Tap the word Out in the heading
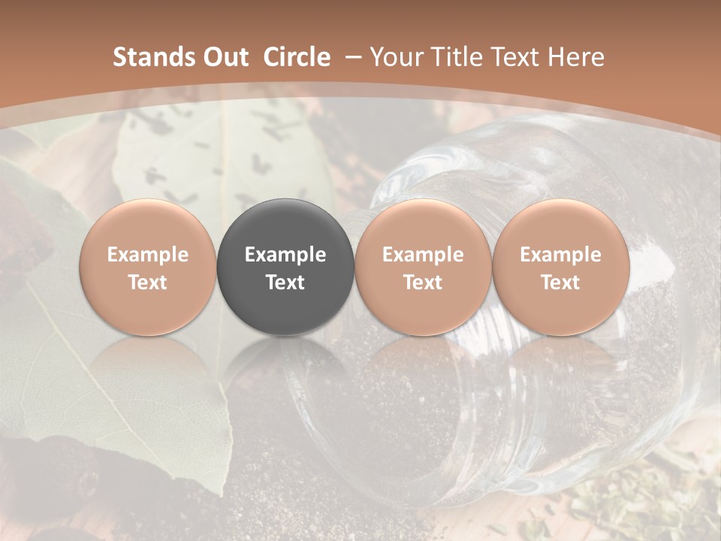224,57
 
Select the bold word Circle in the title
297,57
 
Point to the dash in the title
350,57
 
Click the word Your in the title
397,57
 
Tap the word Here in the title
576,57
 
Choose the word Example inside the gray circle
285,255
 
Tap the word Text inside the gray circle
285,283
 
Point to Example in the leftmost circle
148,255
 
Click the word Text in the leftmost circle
148,283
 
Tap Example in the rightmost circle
560,255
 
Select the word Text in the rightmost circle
560,283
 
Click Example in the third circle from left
423,255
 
